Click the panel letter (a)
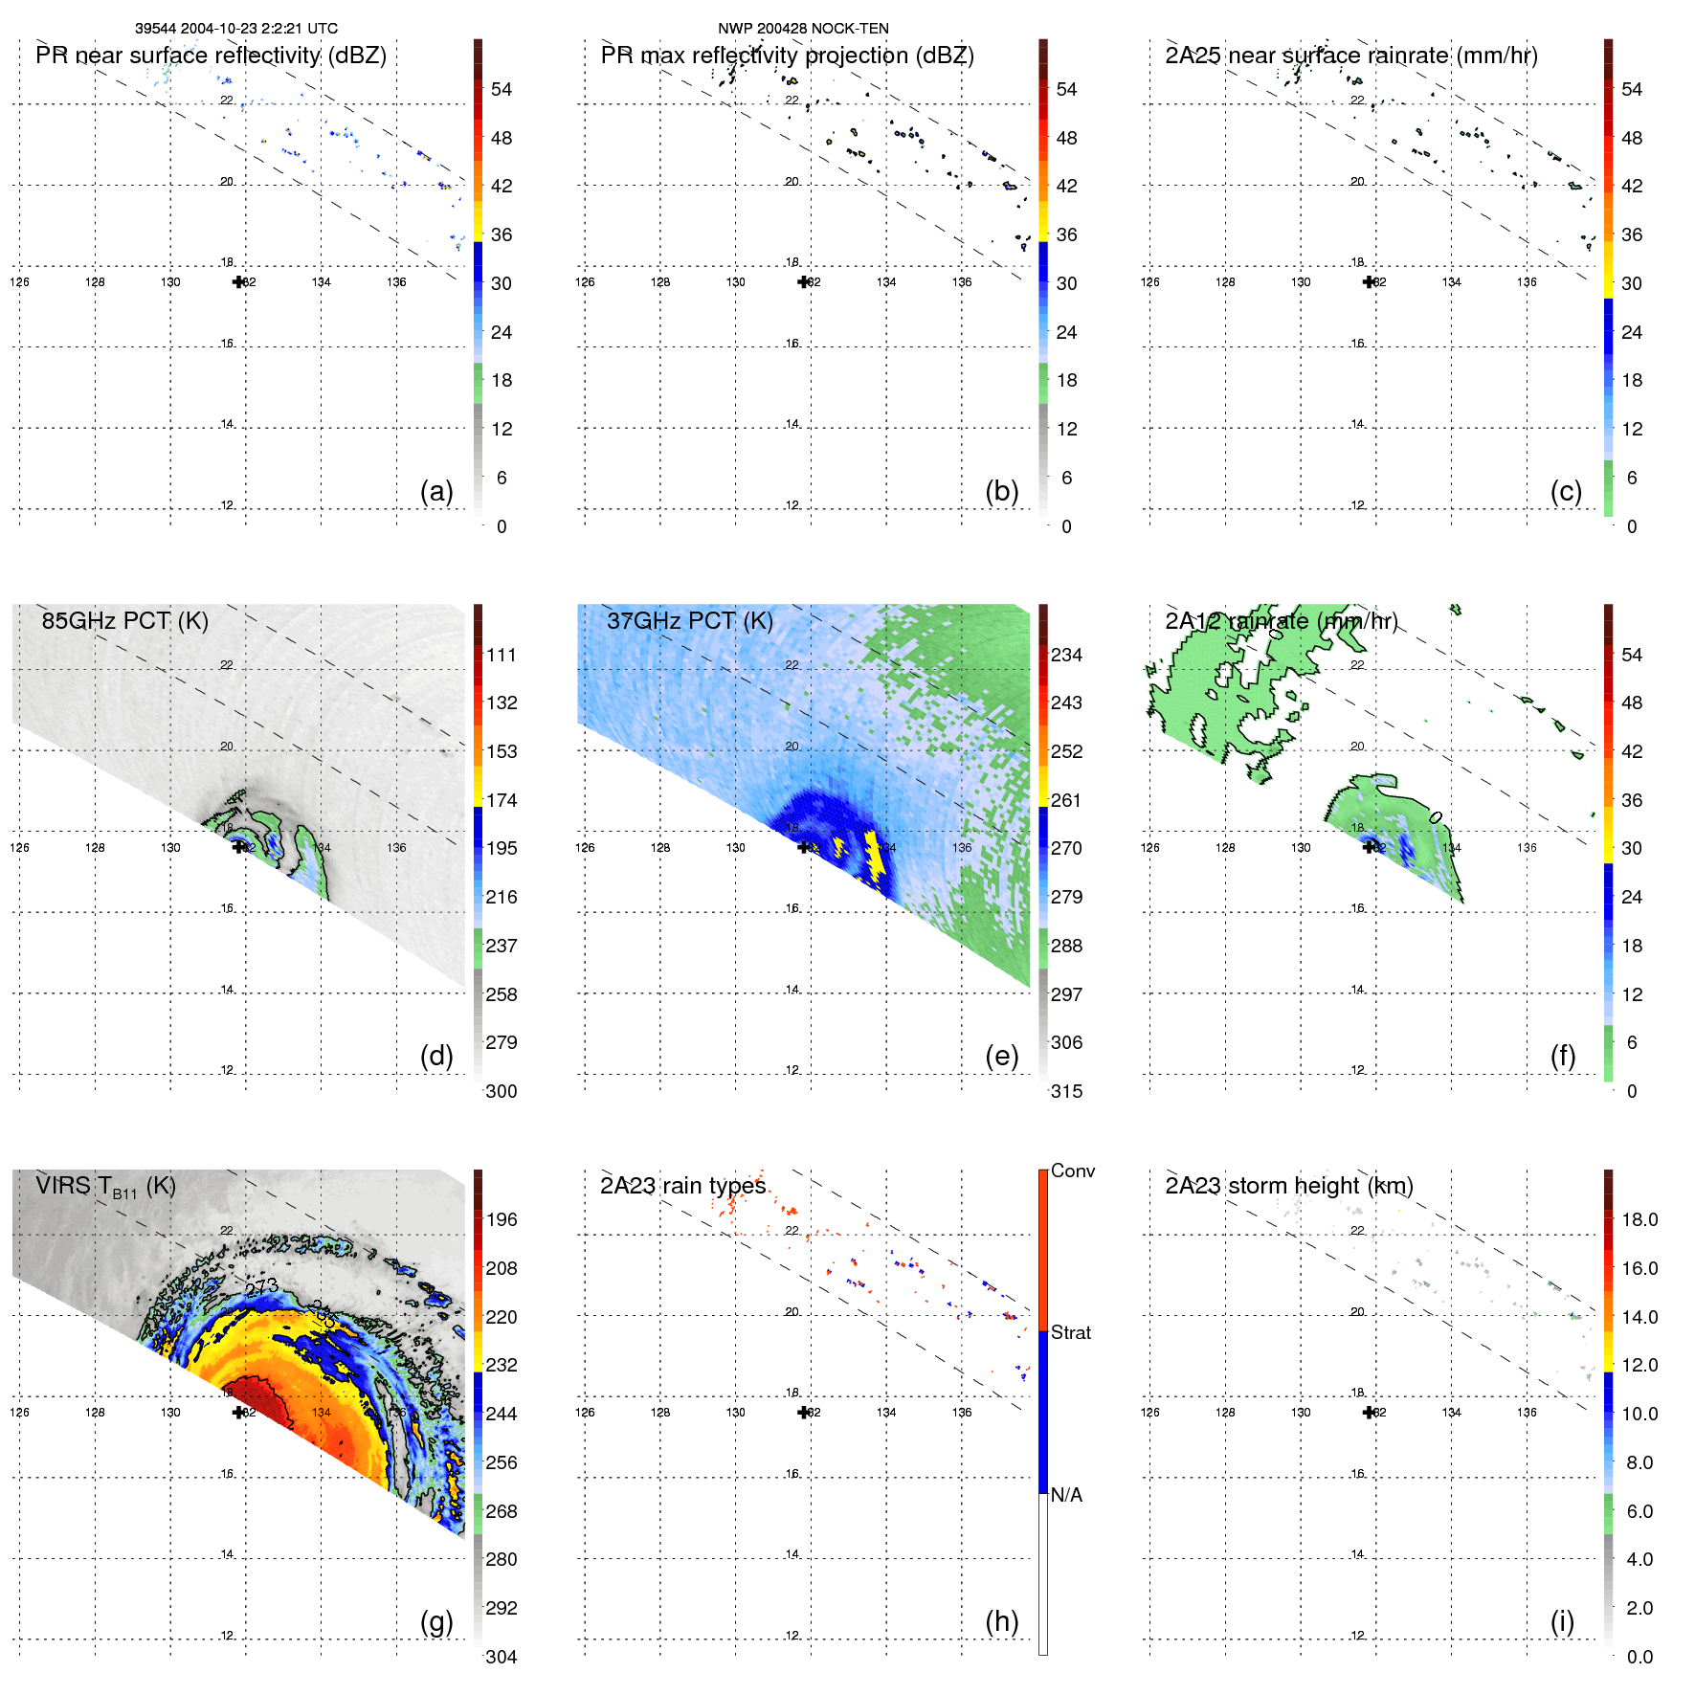(x=436, y=492)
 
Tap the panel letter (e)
(x=1001, y=1057)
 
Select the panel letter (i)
(x=1562, y=1621)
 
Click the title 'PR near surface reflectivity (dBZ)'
(x=211, y=56)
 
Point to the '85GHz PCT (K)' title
(x=124, y=621)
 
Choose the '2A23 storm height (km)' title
(x=1288, y=1186)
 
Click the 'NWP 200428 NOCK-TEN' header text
(x=803, y=29)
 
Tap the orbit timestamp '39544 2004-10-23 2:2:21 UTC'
(x=236, y=29)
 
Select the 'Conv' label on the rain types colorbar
(x=1072, y=1171)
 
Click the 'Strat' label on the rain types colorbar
(x=1070, y=1333)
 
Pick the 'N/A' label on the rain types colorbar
(x=1066, y=1495)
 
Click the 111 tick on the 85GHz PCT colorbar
(x=501, y=656)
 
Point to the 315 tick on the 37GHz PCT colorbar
(x=1066, y=1092)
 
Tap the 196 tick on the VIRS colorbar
(x=501, y=1220)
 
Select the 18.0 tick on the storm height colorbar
(x=1639, y=1220)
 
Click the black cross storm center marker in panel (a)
(x=238, y=281)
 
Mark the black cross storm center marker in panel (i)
(x=1369, y=1412)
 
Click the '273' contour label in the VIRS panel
(x=260, y=1287)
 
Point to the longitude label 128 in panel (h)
(x=659, y=1413)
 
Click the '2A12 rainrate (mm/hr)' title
(x=1281, y=621)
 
